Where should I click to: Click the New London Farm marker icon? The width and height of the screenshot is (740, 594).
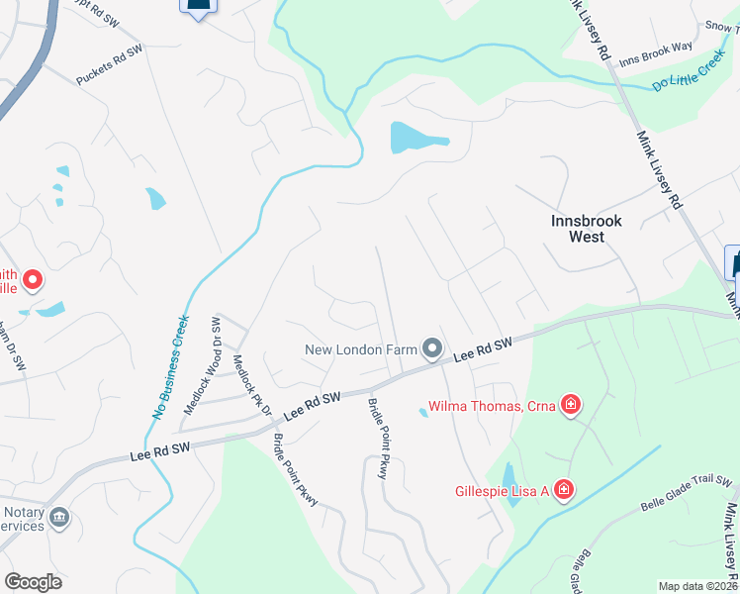[432, 348]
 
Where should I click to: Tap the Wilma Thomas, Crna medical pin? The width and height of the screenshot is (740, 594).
[570, 404]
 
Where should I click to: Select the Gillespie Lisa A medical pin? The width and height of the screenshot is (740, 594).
[563, 490]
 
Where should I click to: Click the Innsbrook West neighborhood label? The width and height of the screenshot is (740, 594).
[587, 229]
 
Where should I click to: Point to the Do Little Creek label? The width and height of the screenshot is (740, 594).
[689, 75]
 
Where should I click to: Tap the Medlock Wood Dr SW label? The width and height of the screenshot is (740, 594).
[201, 365]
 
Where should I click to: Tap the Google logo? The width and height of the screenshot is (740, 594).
[34, 582]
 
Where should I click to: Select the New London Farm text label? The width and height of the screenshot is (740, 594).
[360, 349]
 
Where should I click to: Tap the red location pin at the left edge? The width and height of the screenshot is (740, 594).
[32, 281]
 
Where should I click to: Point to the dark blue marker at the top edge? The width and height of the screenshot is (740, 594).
[198, 6]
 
